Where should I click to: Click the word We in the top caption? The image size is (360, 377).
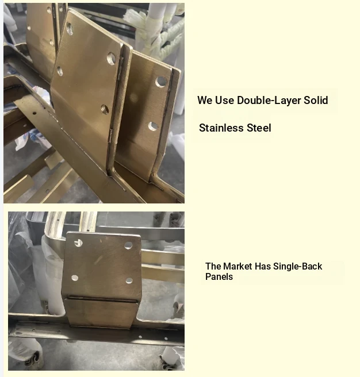[x=205, y=100]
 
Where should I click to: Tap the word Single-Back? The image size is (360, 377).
[x=298, y=267]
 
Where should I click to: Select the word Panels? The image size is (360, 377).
[x=219, y=277]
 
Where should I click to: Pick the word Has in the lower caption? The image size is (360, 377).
[x=263, y=267]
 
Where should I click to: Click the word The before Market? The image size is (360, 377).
[x=213, y=267]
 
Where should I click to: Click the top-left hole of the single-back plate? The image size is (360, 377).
[x=78, y=243]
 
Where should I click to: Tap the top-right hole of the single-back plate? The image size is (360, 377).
[x=128, y=245]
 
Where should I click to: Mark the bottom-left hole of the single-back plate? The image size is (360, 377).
[x=75, y=278]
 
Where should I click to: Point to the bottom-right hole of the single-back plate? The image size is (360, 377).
[x=129, y=280]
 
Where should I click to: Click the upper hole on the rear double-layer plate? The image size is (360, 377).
[x=161, y=82]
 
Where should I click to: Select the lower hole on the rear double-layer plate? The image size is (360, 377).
[x=153, y=126]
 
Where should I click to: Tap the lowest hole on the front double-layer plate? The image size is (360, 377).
[x=105, y=109]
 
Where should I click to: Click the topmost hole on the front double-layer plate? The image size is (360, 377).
[x=70, y=29]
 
